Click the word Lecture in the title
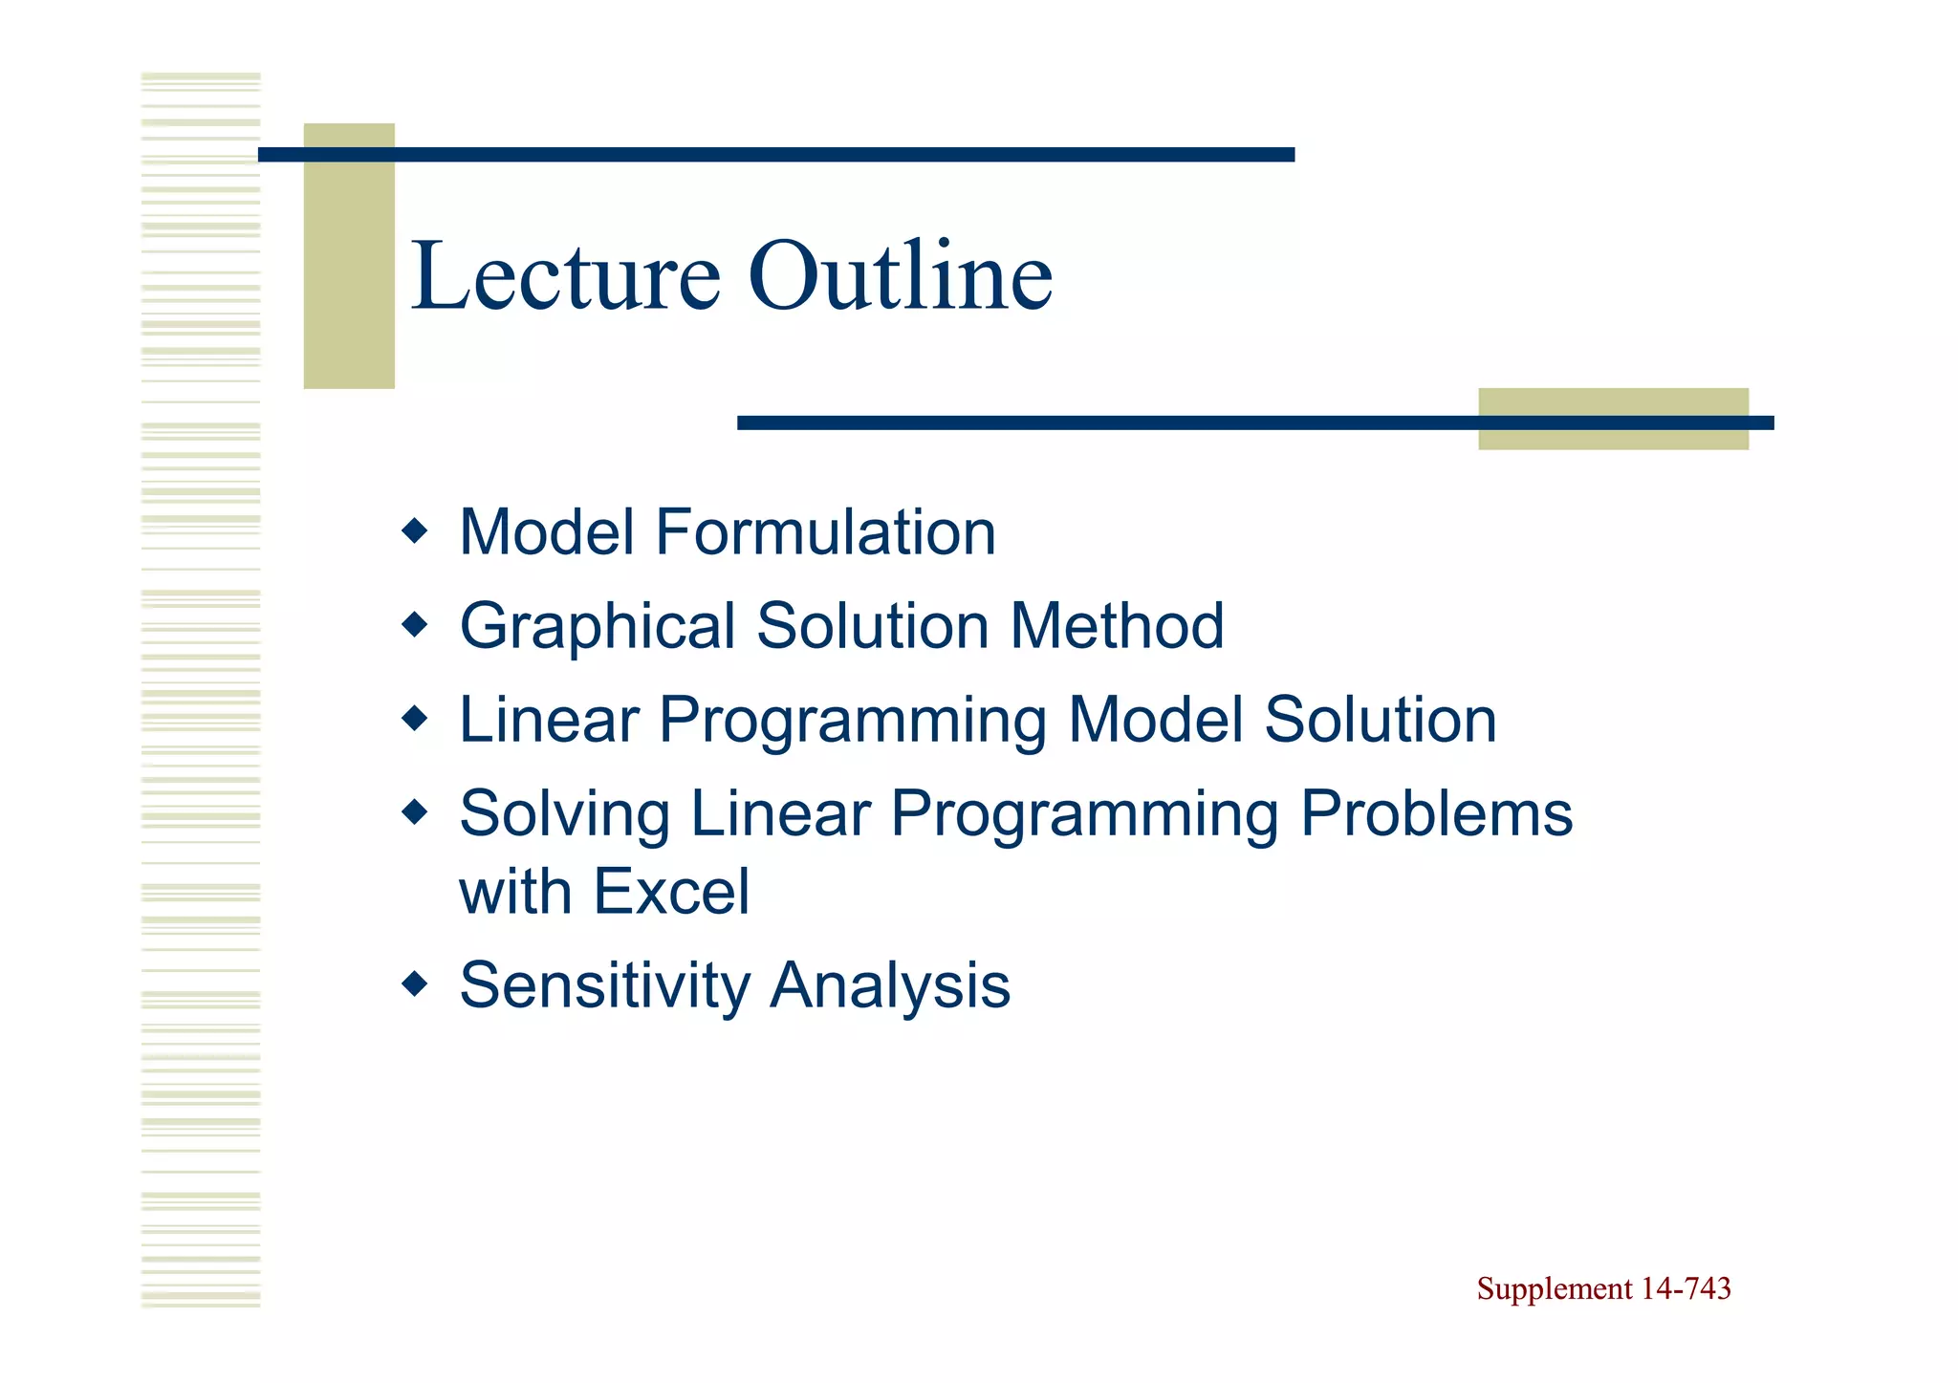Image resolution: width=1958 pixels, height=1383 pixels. [564, 277]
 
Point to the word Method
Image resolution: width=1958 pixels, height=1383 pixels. [1117, 626]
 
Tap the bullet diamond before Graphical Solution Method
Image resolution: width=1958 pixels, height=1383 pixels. [415, 625]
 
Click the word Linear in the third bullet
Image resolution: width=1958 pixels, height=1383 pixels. [549, 720]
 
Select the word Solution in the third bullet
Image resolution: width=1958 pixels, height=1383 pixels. [1380, 720]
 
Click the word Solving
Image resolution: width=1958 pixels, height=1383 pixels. [564, 815]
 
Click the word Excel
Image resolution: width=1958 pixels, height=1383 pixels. [671, 892]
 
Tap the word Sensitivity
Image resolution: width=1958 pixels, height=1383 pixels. [604, 986]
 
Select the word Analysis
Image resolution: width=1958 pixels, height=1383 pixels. [890, 986]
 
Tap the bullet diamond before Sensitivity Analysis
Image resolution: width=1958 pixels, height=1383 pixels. [415, 983]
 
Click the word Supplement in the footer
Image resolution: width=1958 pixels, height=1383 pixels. [1555, 1289]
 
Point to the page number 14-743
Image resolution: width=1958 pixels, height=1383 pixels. [1686, 1289]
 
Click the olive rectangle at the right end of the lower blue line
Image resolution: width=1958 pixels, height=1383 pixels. [1613, 440]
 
